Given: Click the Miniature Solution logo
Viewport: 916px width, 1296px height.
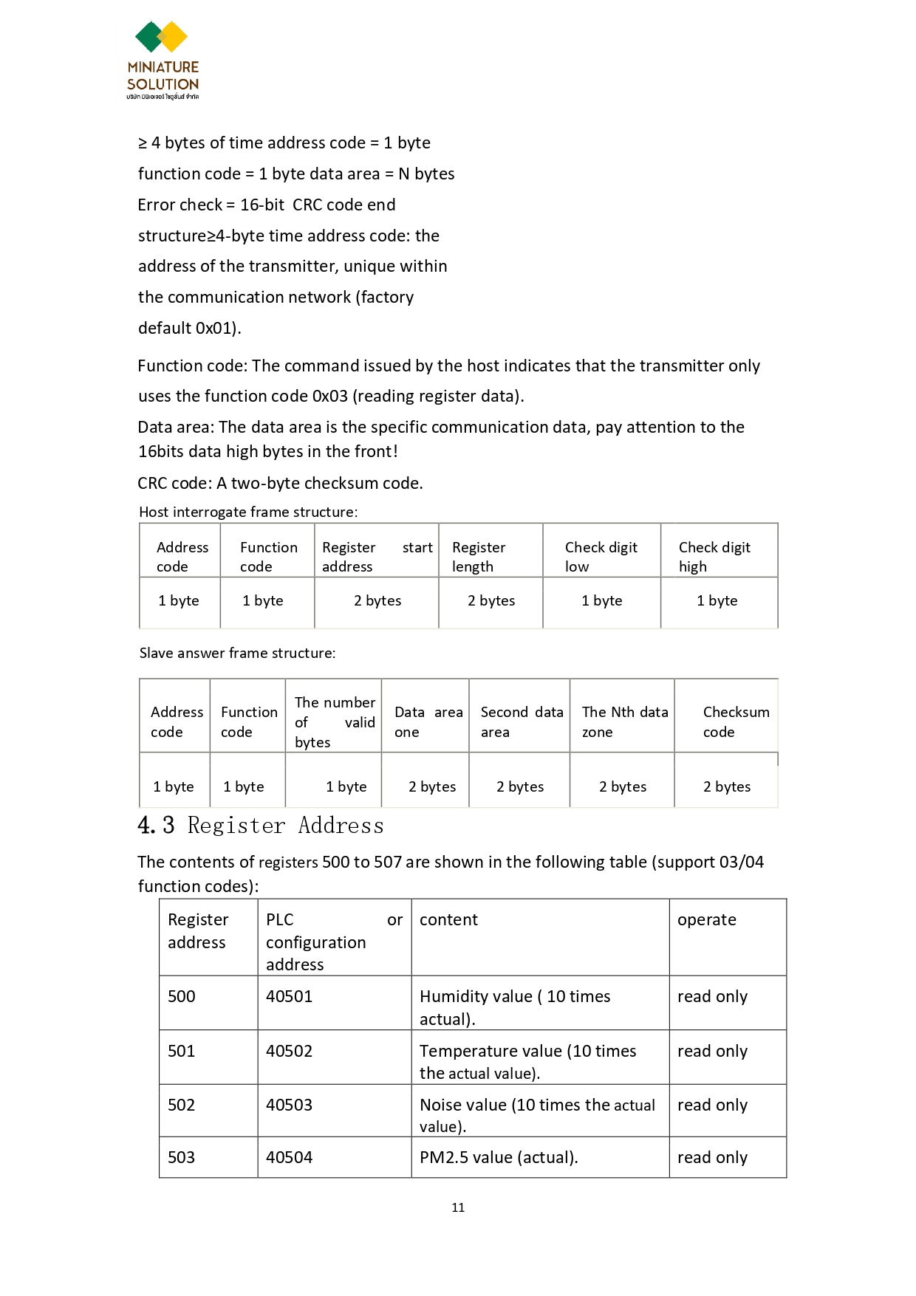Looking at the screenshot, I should pyautogui.click(x=163, y=60).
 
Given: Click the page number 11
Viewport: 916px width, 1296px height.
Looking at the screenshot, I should pyautogui.click(x=458, y=1207).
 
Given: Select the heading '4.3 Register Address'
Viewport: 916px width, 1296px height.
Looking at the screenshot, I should pyautogui.click(x=261, y=826).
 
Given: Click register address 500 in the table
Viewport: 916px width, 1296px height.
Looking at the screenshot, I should pyautogui.click(x=182, y=996).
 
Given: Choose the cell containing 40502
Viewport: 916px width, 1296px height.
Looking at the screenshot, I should pyautogui.click(x=289, y=1051).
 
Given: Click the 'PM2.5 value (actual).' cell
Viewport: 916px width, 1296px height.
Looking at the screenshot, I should pyautogui.click(x=499, y=1157).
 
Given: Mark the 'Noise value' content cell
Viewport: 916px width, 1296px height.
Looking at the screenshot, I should pyautogui.click(x=537, y=1114).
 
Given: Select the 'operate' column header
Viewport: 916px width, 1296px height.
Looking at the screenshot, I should pyautogui.click(x=706, y=920).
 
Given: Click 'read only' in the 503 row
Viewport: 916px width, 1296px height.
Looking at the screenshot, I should pyautogui.click(x=712, y=1157).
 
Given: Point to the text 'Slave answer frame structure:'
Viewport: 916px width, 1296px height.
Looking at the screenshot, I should pyautogui.click(x=237, y=653).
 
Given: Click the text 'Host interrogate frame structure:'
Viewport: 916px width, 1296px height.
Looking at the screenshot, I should pyautogui.click(x=248, y=512).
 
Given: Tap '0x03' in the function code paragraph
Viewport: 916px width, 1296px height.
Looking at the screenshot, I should pyautogui.click(x=329, y=396).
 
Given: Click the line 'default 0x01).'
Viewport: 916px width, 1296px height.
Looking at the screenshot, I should pyautogui.click(x=189, y=328).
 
